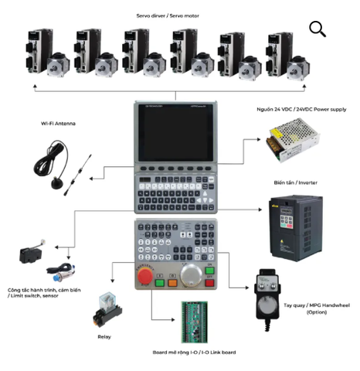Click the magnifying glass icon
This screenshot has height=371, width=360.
pos(317,29)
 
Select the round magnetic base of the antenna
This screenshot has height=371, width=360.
pos(57,183)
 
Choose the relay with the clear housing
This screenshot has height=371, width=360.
pos(107,306)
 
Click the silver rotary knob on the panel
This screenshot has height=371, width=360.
pos(188,274)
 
